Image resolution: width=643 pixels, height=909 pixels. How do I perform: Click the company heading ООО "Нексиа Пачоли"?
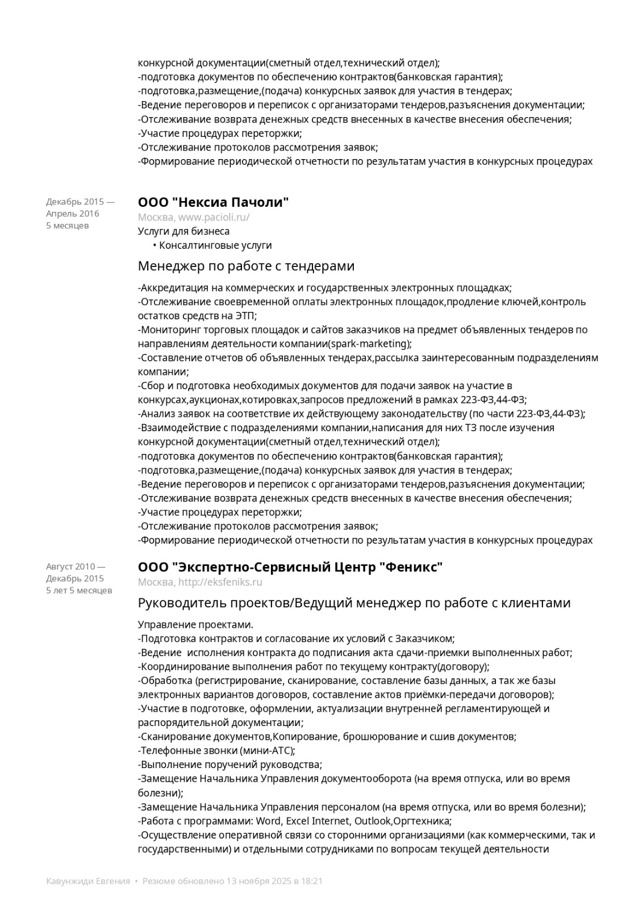pos(213,202)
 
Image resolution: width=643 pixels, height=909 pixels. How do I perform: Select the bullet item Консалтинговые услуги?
pos(215,245)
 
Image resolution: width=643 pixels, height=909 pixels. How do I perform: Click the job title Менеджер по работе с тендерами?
pos(246,266)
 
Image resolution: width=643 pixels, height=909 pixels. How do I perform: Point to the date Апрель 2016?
pos(73,214)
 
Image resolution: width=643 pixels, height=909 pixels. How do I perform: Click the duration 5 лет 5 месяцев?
pos(79,590)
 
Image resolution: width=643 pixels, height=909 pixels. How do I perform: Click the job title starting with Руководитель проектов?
pos(354,603)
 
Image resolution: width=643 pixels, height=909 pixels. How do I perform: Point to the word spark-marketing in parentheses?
pos(369,344)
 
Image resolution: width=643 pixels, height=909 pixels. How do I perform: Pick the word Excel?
pos(298,821)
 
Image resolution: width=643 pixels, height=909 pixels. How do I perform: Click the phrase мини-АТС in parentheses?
pos(267,750)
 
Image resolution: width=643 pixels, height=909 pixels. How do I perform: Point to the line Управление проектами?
pos(195,625)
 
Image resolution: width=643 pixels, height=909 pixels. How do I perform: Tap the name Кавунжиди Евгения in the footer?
pos(88,881)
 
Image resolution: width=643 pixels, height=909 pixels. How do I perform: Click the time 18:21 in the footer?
pos(312,881)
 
